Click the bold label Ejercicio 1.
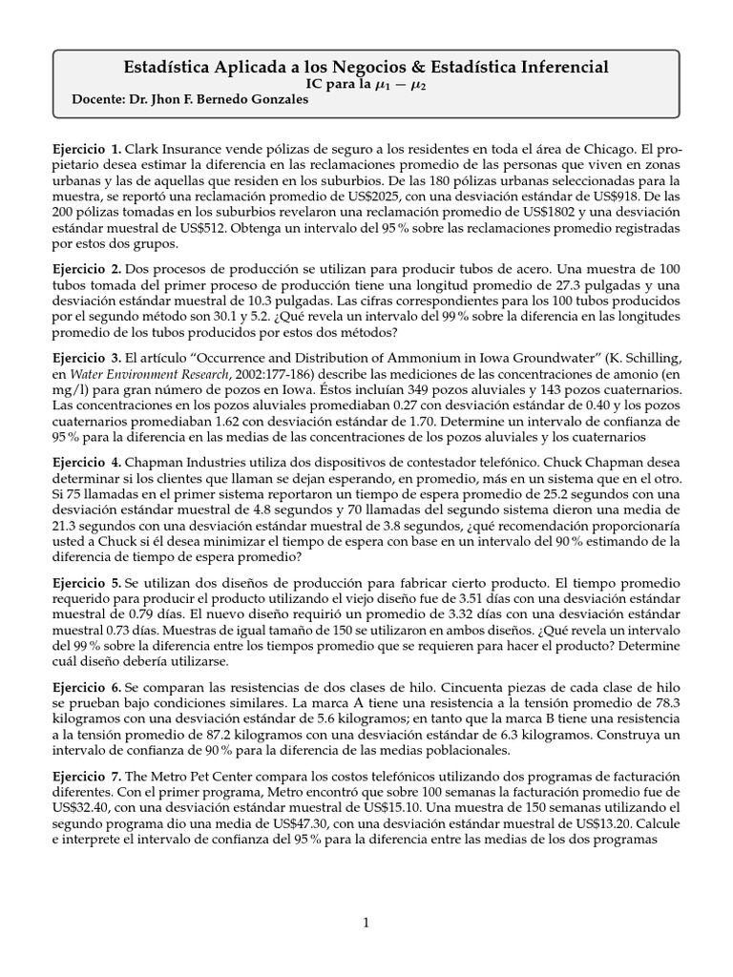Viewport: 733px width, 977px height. (87, 150)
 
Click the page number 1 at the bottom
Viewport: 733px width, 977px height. (366, 922)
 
